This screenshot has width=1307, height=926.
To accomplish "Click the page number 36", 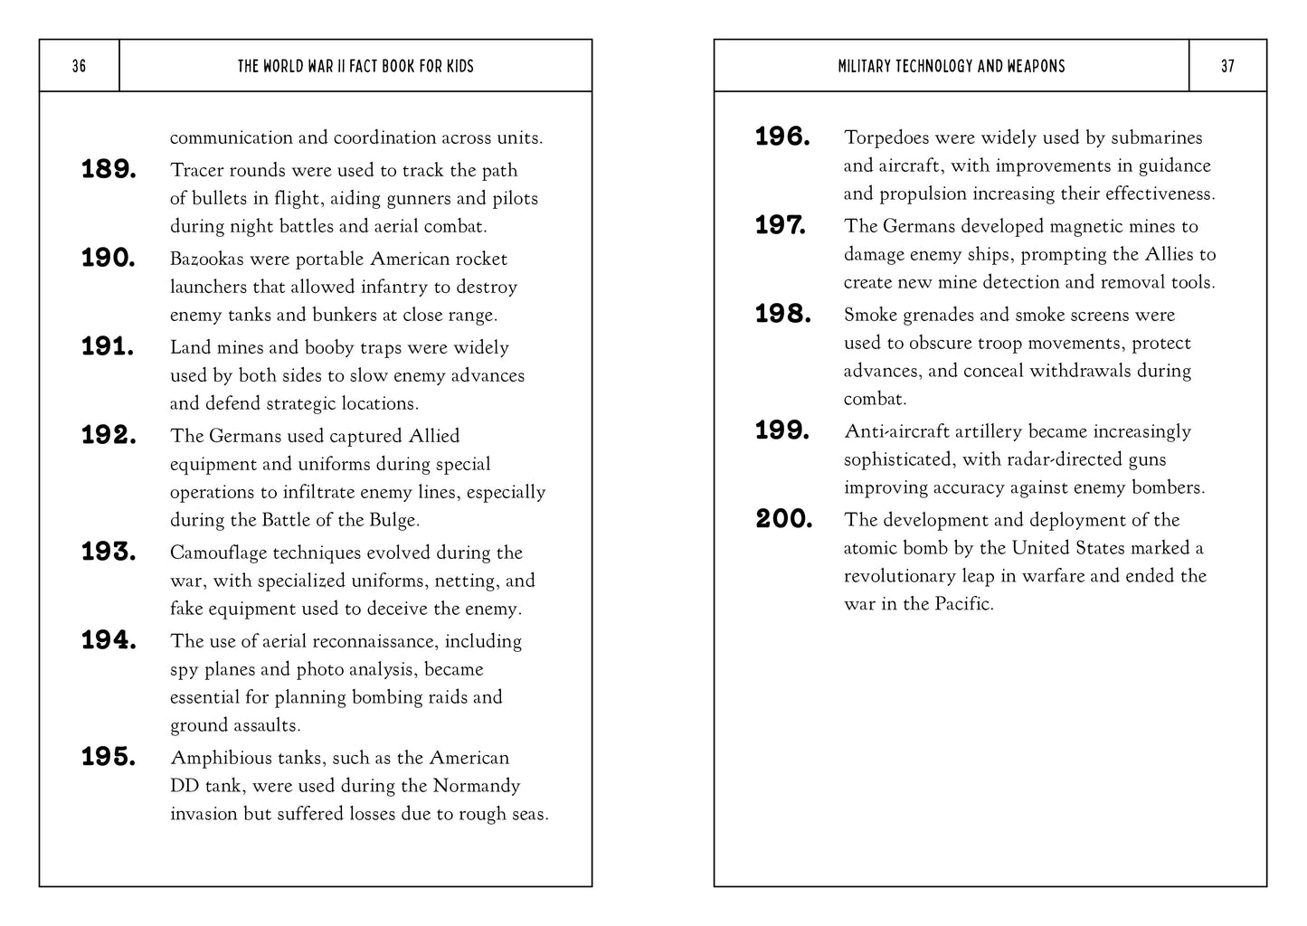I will pos(79,66).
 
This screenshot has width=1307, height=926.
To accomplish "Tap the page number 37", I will pos(1227,66).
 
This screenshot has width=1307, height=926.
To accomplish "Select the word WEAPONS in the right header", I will pos(1033,66).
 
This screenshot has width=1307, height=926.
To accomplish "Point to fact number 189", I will pos(109,169).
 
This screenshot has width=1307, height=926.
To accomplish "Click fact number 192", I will pos(109,435).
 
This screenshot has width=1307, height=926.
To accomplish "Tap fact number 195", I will pos(109,757).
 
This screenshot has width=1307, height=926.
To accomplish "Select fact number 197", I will pos(781,225).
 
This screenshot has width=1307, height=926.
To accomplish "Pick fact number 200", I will pos(783,519).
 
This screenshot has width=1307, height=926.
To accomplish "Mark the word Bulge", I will pos(394,520).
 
